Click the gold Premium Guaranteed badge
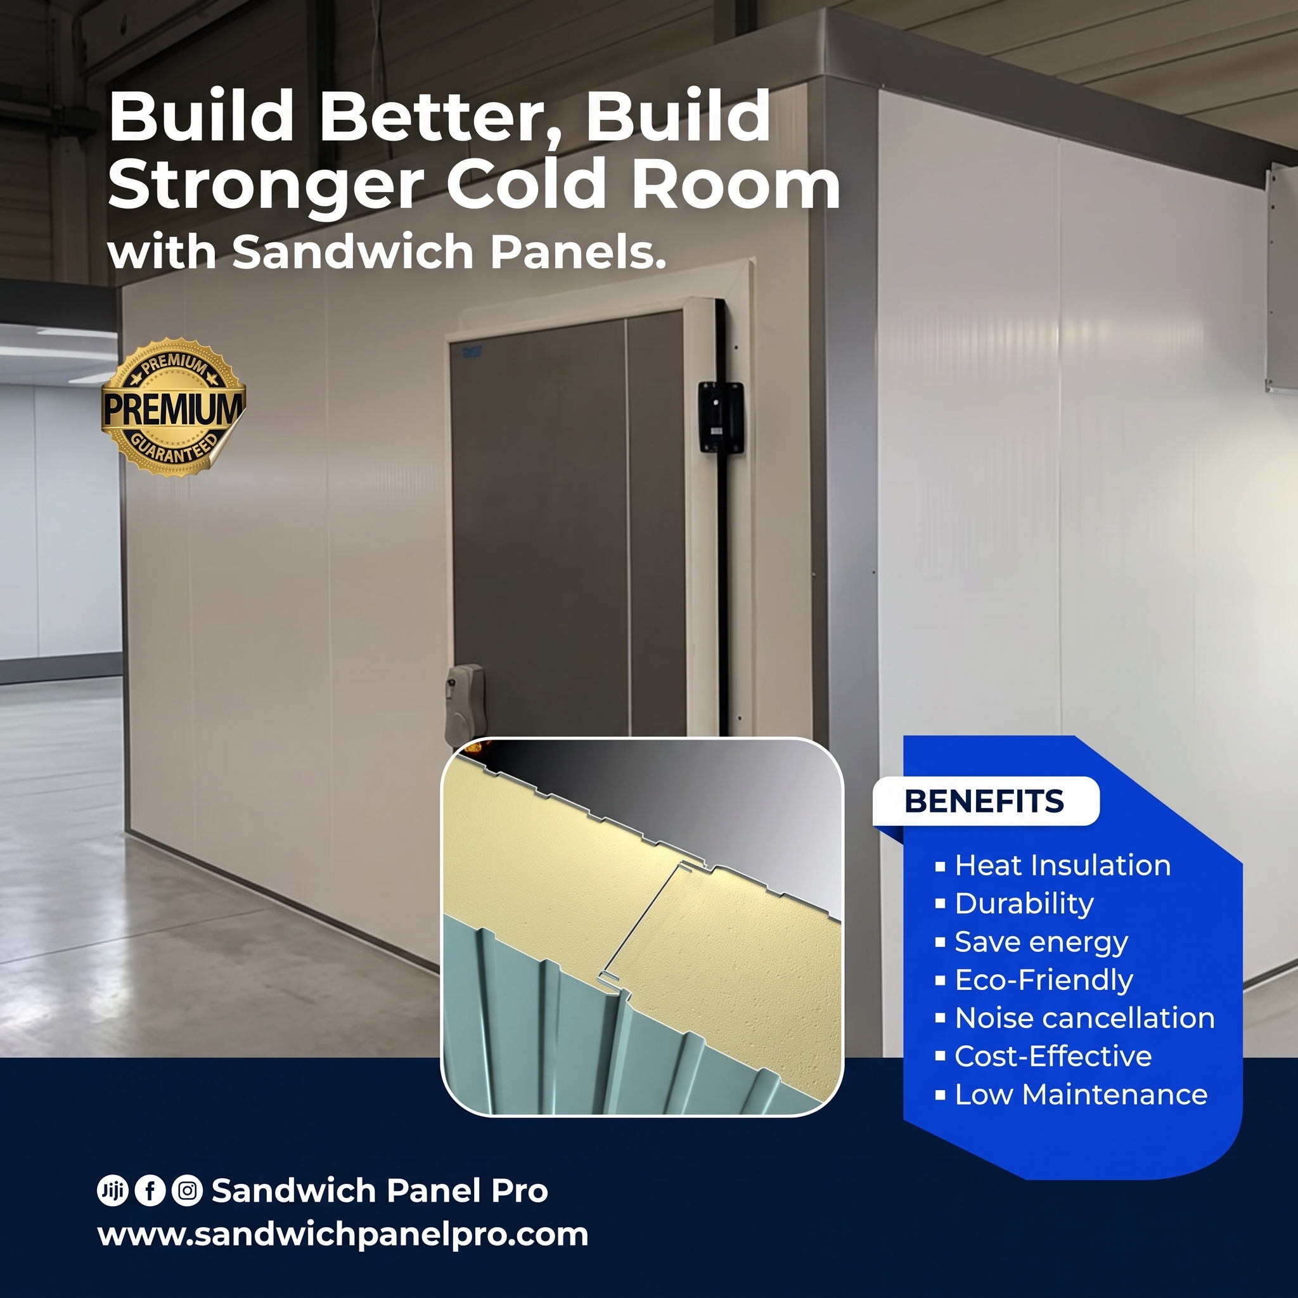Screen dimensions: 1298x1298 [173, 408]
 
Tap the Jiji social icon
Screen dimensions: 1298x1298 [112, 1190]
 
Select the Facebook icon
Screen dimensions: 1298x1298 [150, 1190]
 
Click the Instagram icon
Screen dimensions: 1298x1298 [188, 1190]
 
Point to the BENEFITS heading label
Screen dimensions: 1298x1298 [985, 801]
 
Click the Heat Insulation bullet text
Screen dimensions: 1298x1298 [1063, 865]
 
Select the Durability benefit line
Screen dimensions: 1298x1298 [1024, 904]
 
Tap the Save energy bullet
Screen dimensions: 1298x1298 [1041, 942]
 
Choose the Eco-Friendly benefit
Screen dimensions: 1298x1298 [1044, 980]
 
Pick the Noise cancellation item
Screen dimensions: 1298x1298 [1085, 1018]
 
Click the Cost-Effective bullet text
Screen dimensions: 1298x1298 [1053, 1056]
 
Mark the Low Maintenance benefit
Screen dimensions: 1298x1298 [1081, 1095]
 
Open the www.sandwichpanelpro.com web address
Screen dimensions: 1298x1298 [343, 1234]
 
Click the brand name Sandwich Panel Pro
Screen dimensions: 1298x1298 [380, 1190]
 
